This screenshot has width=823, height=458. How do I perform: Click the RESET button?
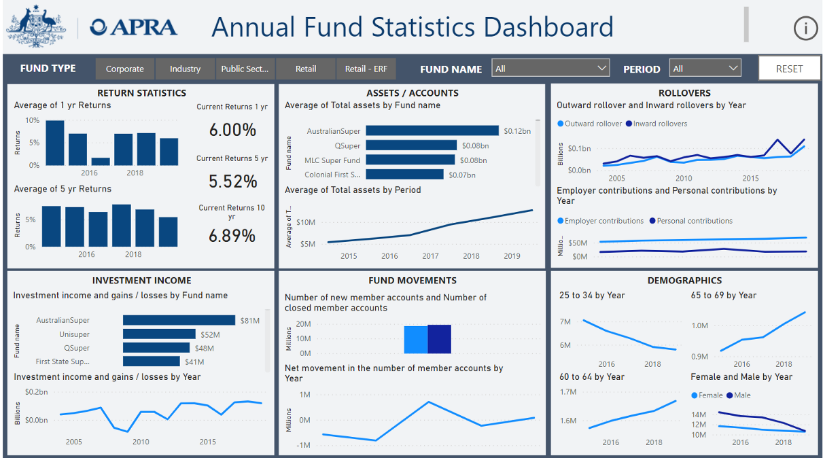coord(789,69)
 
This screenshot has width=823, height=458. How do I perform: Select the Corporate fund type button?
coord(125,69)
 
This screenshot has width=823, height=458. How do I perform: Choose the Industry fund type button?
coord(185,69)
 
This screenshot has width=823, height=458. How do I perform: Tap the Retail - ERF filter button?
coord(365,69)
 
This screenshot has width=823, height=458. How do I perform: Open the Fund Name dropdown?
coord(551,69)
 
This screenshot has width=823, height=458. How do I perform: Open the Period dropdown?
coord(705,69)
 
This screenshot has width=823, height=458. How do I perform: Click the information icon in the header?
coord(805,28)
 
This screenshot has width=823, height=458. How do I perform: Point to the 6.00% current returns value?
coord(232,130)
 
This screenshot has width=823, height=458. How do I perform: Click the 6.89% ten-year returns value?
coord(232,236)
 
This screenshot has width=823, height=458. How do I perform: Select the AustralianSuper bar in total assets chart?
coord(432,130)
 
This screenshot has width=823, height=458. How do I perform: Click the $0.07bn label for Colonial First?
coord(462,175)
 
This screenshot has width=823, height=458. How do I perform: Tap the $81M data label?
coord(249,321)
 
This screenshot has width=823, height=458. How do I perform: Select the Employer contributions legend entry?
coord(600,221)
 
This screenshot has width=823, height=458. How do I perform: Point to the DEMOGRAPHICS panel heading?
coord(684,280)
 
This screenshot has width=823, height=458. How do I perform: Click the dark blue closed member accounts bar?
coord(440,339)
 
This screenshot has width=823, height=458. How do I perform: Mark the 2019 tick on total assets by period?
coord(512,256)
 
